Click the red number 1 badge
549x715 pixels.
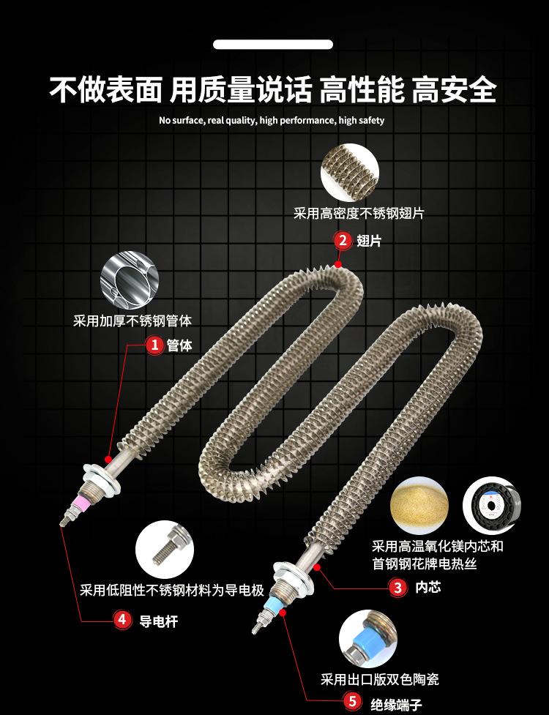tap(154, 345)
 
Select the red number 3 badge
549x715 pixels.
tap(397, 587)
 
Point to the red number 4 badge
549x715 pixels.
tap(123, 621)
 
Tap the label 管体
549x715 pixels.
tap(179, 345)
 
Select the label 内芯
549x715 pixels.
tap(427, 587)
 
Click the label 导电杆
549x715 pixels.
tap(158, 621)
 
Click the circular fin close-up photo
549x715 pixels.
tap(349, 173)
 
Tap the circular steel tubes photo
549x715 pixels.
tap(130, 280)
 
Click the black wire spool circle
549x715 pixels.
tap(492, 505)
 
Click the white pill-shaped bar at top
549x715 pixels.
tap(273, 45)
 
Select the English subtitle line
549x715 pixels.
tap(272, 121)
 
